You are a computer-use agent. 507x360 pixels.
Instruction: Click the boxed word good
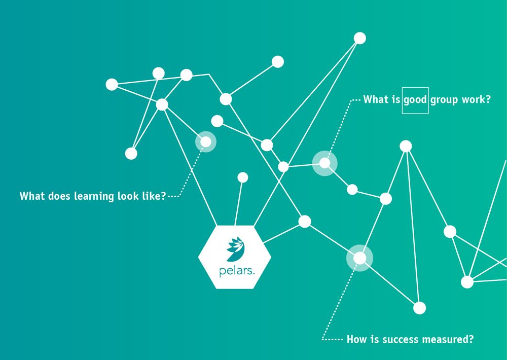(x=415, y=100)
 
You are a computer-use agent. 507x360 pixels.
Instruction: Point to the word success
(x=392, y=339)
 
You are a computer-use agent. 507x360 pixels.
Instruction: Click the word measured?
(x=446, y=339)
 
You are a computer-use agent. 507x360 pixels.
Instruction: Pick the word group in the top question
(x=445, y=100)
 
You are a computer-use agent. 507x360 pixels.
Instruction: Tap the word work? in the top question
(x=476, y=100)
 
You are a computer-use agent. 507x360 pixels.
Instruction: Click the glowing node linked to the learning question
(x=206, y=141)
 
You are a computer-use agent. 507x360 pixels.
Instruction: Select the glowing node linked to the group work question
(x=324, y=163)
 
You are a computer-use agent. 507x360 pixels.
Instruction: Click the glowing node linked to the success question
(x=359, y=258)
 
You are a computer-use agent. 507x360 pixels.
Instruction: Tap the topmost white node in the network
(x=359, y=38)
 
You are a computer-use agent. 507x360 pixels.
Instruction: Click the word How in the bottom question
(x=356, y=339)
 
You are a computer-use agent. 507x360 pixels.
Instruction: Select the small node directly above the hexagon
(x=243, y=177)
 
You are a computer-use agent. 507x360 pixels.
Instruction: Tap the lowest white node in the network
(x=419, y=308)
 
